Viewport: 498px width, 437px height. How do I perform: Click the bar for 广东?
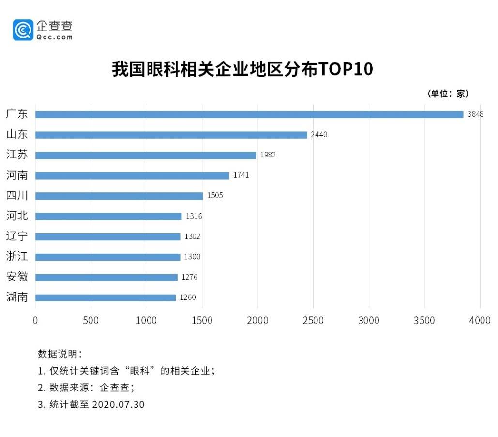[x=249, y=115]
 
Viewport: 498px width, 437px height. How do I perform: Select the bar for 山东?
[x=171, y=135]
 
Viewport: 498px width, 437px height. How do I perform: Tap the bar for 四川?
[x=119, y=196]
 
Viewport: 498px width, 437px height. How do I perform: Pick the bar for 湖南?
[x=106, y=298]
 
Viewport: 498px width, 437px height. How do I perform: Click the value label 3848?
[x=475, y=115]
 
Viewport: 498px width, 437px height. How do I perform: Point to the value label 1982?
[x=268, y=156]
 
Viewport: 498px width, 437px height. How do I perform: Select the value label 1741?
[x=241, y=175]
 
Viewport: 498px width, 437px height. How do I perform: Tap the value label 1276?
[x=190, y=277]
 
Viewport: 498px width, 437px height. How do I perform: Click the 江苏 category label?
[x=17, y=155]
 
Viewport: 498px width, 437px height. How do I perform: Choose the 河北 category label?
[x=17, y=216]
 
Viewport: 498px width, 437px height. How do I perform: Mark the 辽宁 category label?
[x=17, y=236]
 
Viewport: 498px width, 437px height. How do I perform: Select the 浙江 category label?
[x=17, y=257]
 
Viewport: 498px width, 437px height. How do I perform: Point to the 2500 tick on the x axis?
[x=313, y=321]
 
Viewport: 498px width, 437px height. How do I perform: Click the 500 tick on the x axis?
[x=91, y=321]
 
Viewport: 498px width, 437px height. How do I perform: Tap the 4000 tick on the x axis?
[x=480, y=321]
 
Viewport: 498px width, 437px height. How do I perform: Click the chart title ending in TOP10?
[x=242, y=69]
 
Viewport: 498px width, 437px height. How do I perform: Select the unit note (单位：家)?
[x=448, y=94]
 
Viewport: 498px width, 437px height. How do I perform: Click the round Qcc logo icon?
[x=23, y=30]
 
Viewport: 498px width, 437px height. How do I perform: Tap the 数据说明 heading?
[x=60, y=353]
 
